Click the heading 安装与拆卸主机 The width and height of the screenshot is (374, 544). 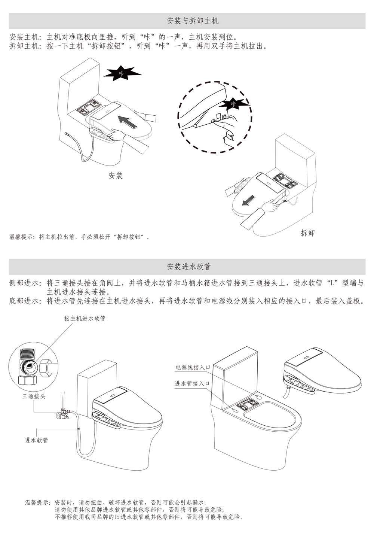[x=193, y=21]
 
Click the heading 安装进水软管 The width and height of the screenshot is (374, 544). [x=189, y=267]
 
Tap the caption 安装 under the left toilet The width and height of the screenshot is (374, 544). [x=116, y=175]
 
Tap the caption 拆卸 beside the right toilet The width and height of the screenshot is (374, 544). [x=307, y=233]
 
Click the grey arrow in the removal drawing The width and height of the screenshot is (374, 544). [x=249, y=200]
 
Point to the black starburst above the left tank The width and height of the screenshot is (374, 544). [x=122, y=73]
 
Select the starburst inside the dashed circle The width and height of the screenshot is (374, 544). [x=234, y=104]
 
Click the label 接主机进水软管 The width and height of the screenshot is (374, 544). [x=85, y=318]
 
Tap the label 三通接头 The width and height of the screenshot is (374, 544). [x=34, y=396]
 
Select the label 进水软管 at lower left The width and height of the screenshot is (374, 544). [x=36, y=440]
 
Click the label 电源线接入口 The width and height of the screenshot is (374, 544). [x=193, y=367]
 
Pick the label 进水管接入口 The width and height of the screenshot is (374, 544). [x=192, y=383]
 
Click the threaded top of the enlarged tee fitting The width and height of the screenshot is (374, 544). [x=28, y=355]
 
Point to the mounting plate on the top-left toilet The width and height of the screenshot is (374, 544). [x=89, y=106]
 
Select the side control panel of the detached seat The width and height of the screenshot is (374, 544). [x=299, y=384]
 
